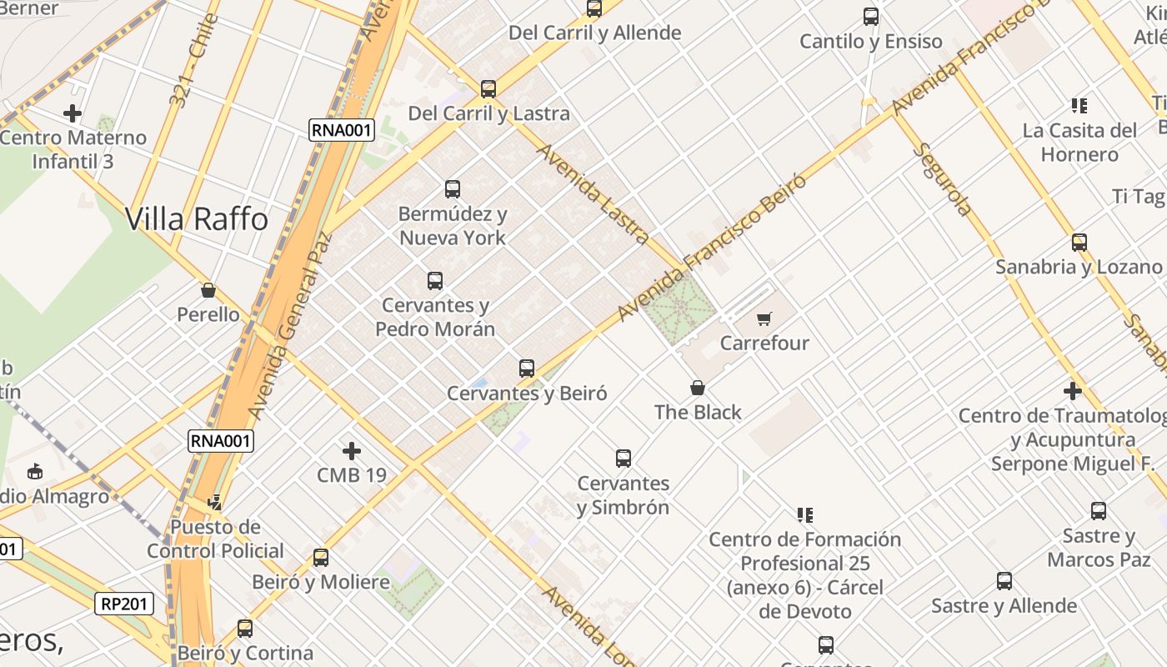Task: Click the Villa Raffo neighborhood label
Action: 197,219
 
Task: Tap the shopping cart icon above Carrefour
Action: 764,318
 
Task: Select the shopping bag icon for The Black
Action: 698,388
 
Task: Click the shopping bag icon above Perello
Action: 208,290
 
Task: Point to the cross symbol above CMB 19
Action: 352,451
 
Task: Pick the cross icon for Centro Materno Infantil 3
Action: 73,113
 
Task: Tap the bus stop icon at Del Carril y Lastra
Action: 488,89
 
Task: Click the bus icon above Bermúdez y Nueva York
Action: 453,189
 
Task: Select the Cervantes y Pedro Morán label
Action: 435,317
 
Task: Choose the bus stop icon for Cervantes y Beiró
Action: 527,369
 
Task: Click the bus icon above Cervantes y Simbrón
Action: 624,459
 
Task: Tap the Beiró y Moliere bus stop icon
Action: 321,558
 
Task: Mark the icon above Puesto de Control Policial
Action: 215,502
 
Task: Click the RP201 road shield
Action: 125,604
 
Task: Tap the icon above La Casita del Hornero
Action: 1079,106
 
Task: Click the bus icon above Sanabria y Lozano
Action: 1079,243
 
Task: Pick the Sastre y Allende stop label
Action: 1004,606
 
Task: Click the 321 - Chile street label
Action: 192,60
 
